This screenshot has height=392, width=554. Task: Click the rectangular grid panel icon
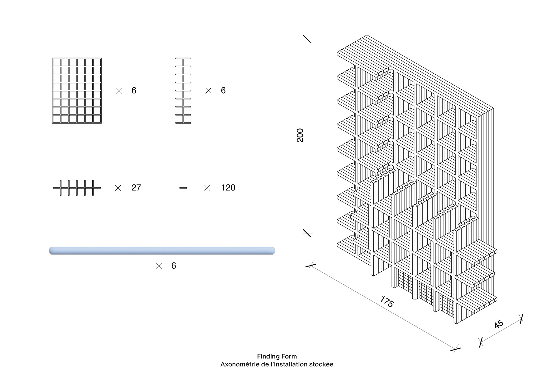[x=77, y=91]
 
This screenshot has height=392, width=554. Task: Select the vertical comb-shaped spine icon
[x=183, y=91]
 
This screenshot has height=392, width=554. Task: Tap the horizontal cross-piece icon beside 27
[x=77, y=188]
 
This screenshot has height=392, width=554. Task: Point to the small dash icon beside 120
[x=183, y=188]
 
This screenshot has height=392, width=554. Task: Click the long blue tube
[x=162, y=251]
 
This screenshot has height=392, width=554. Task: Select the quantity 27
[x=136, y=188]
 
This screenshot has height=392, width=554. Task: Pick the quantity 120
[x=228, y=188]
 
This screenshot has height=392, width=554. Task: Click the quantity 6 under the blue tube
[x=173, y=266]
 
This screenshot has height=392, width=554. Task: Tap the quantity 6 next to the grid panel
[x=134, y=90]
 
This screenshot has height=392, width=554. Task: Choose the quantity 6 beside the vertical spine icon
[x=223, y=90]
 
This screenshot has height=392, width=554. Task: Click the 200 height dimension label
[x=300, y=135]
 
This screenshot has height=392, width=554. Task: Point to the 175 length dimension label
[x=387, y=302]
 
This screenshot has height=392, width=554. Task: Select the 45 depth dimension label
[x=499, y=324]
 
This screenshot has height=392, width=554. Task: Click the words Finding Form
[x=277, y=356]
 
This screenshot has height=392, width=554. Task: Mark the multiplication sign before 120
[x=207, y=188]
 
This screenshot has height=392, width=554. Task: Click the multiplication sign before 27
[x=118, y=188]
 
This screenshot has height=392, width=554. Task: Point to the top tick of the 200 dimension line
[x=307, y=39]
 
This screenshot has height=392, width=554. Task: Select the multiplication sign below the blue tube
[x=159, y=266]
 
